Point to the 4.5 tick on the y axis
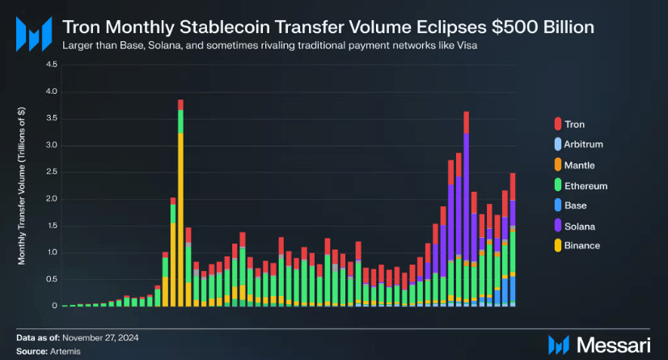(52, 65)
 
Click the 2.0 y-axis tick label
(52, 199)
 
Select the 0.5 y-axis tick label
(52, 279)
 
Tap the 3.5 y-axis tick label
(52, 118)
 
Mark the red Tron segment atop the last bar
(513, 186)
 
